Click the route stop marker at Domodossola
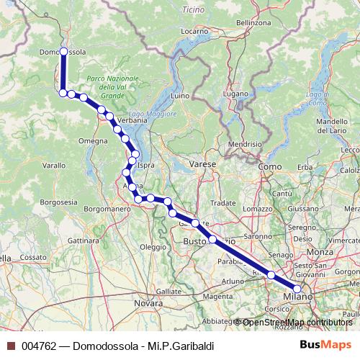click(x=63, y=51)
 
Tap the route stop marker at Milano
click(x=297, y=289)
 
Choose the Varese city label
click(x=203, y=165)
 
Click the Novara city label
click(x=149, y=304)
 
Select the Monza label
click(x=320, y=252)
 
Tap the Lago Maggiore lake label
click(x=152, y=114)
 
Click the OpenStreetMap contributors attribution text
click(x=297, y=322)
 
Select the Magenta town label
click(x=218, y=296)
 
